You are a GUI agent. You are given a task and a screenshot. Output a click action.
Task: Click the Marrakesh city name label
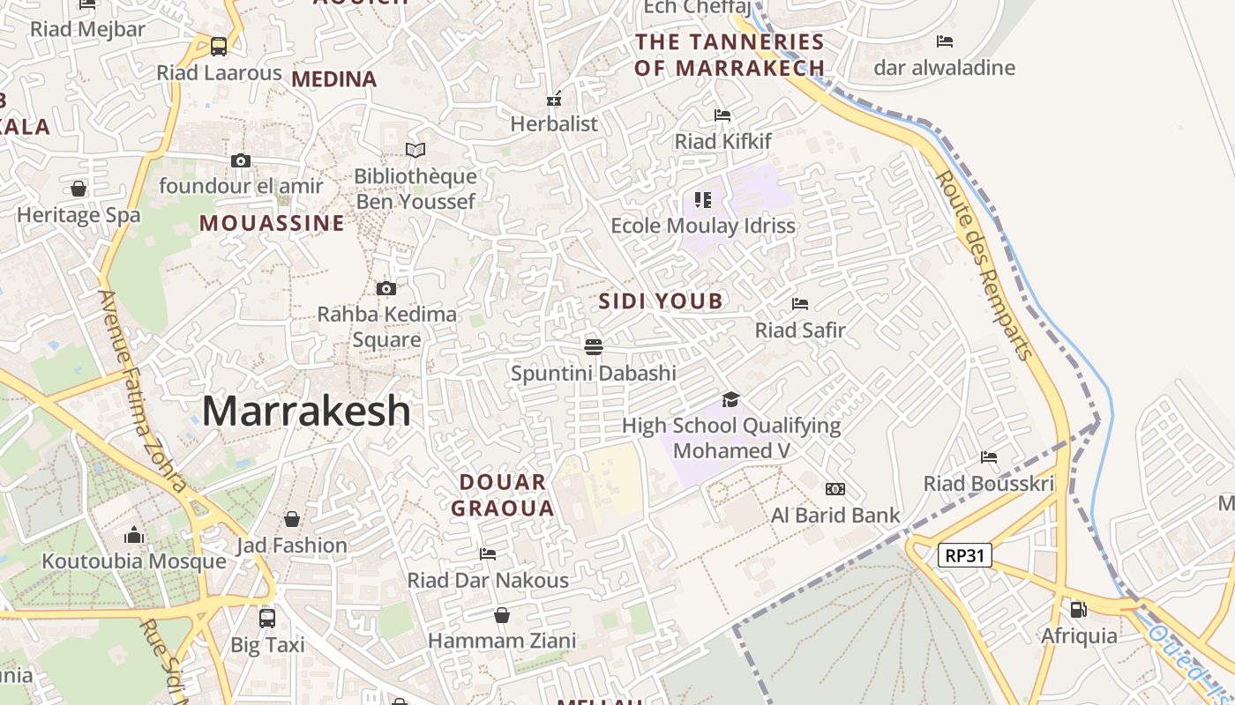tap(306, 412)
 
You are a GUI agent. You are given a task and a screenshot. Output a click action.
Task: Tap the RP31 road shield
tap(965, 555)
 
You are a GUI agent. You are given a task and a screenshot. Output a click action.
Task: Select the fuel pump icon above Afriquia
tap(1078, 609)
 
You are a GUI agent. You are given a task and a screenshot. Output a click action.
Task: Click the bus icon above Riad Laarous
tap(219, 46)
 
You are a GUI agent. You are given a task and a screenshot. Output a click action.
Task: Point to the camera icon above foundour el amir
tap(240, 160)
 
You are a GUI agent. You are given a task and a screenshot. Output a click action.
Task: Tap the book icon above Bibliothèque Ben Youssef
tap(415, 150)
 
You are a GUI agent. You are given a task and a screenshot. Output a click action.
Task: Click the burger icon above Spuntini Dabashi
tap(593, 346)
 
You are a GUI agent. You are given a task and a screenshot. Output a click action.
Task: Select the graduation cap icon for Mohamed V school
tap(730, 400)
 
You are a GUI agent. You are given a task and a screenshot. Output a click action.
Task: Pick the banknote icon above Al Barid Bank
tap(835, 489)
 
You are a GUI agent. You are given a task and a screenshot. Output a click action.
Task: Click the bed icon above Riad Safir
tap(800, 304)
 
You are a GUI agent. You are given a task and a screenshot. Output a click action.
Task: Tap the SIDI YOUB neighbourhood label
tap(661, 301)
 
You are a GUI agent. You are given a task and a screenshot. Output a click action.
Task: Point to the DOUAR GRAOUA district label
tap(503, 495)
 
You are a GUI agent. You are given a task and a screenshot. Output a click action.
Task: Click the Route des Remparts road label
tap(984, 264)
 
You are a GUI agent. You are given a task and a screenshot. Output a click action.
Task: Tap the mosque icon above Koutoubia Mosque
tap(134, 535)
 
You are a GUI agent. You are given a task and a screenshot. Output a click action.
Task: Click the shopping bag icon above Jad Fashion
tap(291, 519)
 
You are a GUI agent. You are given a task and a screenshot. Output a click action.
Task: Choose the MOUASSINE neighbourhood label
tap(272, 223)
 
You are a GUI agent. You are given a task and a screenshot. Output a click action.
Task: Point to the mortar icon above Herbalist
tap(554, 99)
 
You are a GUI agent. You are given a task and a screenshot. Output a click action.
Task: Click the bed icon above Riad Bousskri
tap(988, 457)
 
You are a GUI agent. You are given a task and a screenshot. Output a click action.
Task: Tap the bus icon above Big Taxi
tap(267, 618)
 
